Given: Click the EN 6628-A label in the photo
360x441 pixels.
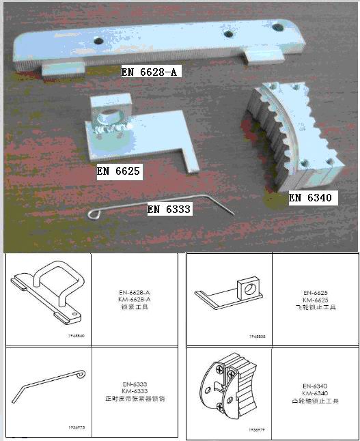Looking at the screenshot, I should (x=151, y=70).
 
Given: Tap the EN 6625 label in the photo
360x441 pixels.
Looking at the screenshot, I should (x=119, y=172).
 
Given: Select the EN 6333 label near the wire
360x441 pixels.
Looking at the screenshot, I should (x=169, y=210).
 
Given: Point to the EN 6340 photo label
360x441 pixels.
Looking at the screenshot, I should (x=309, y=198).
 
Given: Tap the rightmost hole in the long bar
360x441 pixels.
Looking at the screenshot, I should (x=277, y=27).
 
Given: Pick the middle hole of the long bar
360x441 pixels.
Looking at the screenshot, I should (x=225, y=32).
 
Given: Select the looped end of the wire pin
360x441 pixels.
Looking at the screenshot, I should (x=95, y=216).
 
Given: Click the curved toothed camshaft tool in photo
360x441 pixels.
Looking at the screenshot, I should (x=290, y=137).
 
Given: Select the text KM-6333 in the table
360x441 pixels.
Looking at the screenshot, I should (x=134, y=391).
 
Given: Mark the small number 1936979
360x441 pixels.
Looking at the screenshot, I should (x=255, y=430).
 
